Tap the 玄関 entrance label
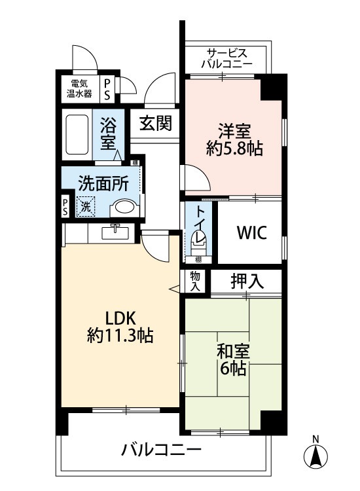coord(155,123)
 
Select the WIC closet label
coord(251,234)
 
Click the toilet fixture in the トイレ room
coord(198,244)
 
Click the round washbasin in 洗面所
coord(124,209)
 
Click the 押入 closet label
coord(247,282)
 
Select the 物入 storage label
coord(195,281)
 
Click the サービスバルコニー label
coord(226,58)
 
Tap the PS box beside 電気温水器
coord(108,88)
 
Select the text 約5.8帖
coord(234,149)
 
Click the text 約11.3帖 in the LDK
coord(120,336)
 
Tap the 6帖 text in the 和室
coord(233,369)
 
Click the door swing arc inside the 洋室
coord(194,177)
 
